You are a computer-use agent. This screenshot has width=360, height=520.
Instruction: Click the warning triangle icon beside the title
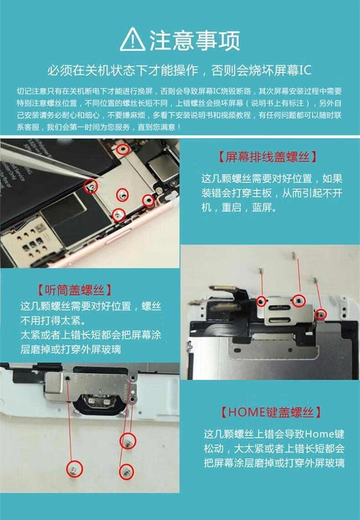click(x=133, y=40)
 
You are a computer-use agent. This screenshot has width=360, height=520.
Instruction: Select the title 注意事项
click(x=195, y=41)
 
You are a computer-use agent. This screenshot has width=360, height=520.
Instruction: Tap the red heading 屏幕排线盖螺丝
click(x=267, y=157)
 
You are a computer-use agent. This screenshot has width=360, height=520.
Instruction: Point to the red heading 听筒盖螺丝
click(x=74, y=290)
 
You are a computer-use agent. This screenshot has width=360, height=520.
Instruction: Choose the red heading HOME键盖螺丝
click(x=271, y=412)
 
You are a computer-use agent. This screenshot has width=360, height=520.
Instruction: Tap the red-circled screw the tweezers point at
click(x=91, y=186)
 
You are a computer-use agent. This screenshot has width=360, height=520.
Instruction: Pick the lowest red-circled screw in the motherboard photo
click(x=118, y=215)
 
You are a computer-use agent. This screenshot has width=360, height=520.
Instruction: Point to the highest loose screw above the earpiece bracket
click(x=293, y=255)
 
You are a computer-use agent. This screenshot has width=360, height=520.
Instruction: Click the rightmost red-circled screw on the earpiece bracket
click(x=321, y=314)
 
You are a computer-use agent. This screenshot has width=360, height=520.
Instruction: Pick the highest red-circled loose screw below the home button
click(x=128, y=441)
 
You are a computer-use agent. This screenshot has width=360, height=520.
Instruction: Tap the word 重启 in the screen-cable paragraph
click(x=231, y=208)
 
